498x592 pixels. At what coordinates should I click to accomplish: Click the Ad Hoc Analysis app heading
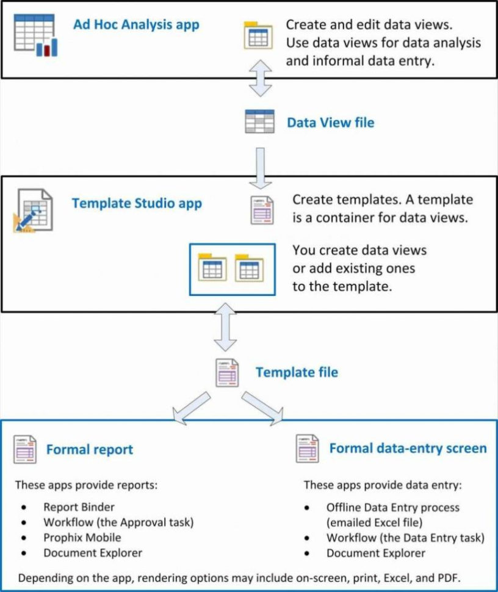click(135, 25)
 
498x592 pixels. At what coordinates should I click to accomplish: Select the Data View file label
click(330, 123)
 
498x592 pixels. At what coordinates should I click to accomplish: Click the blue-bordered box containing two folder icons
click(232, 269)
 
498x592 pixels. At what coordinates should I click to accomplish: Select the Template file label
click(297, 372)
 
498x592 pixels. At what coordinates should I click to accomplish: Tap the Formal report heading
click(90, 450)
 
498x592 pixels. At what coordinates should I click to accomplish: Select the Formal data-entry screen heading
click(408, 449)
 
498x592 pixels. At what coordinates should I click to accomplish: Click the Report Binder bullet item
click(79, 507)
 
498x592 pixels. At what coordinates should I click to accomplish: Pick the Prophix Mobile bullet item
click(82, 538)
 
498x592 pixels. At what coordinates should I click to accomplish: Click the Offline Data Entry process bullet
click(392, 507)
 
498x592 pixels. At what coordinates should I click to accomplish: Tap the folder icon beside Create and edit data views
click(258, 35)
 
